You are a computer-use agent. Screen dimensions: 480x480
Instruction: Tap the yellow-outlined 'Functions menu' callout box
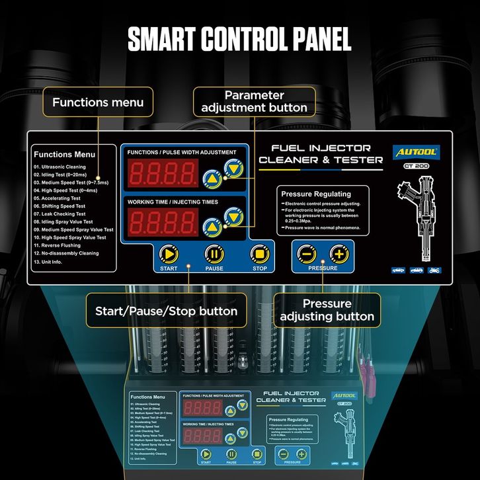[x=98, y=102]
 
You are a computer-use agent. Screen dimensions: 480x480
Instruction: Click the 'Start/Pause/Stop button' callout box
[x=166, y=310]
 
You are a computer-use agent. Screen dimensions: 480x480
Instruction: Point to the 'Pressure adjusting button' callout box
[x=327, y=310]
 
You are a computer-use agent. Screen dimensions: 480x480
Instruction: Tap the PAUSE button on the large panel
[x=214, y=254]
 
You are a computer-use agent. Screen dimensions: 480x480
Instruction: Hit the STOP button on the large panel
[x=259, y=254]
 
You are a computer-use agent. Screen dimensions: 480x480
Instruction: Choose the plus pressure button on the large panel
[x=339, y=253]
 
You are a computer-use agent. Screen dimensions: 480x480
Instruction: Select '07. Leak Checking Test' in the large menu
[x=60, y=214]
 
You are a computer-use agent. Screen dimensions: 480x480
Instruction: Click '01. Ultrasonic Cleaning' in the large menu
[x=60, y=167]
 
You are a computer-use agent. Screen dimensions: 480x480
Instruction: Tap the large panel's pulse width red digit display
[x=163, y=174]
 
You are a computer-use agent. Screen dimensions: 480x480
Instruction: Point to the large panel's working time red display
[x=163, y=221]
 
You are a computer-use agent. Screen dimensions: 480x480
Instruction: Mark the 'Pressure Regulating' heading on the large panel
[x=316, y=194]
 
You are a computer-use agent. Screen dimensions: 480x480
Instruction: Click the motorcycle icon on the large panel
[x=434, y=270]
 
